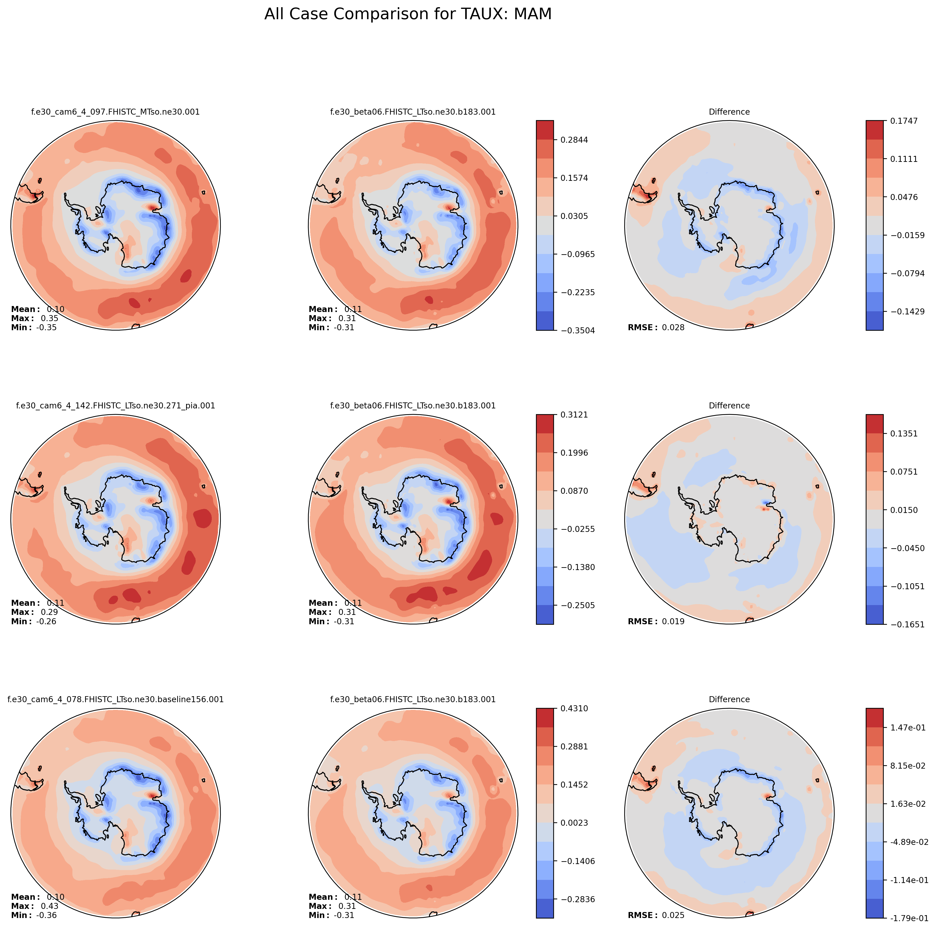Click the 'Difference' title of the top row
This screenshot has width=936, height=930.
(x=729, y=112)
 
